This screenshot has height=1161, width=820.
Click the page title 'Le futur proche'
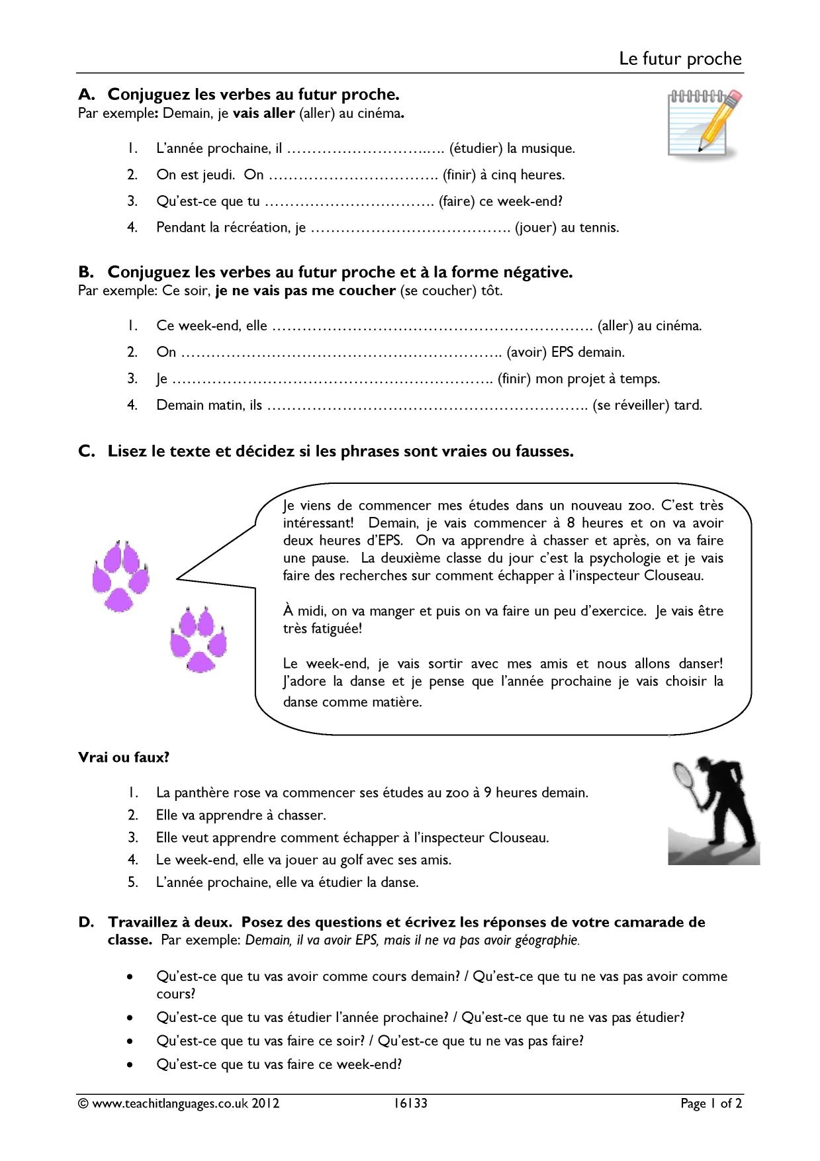[680, 59]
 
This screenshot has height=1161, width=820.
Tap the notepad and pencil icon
[704, 120]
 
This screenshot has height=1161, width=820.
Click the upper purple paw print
[121, 575]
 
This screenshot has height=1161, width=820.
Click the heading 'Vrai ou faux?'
[124, 757]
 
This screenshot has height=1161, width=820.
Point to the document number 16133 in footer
[410, 1103]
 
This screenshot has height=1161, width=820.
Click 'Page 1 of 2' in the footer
[711, 1103]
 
